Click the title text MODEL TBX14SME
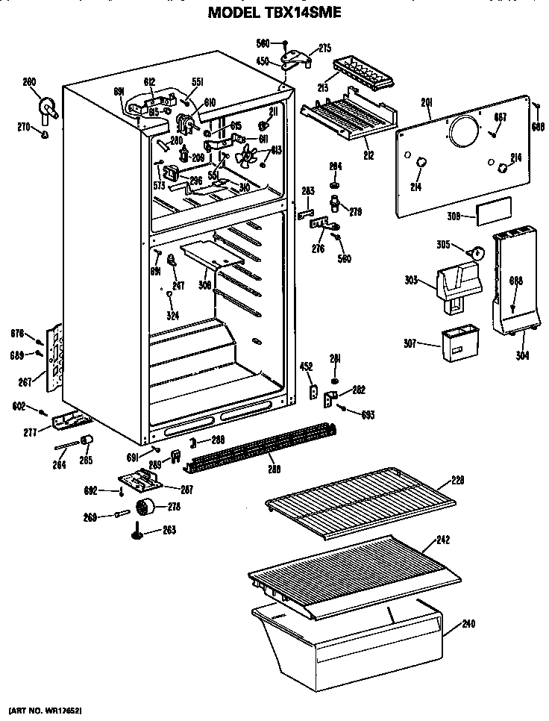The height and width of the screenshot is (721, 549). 274,12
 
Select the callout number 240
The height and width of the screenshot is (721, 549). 468,623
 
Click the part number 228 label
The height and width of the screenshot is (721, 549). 457,480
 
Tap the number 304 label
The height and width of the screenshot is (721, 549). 522,355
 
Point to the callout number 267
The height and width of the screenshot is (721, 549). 26,382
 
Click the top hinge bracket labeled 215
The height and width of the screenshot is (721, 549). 297,58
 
